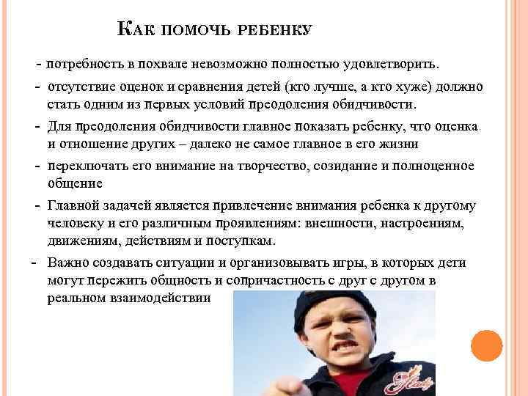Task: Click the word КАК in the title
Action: [132, 30]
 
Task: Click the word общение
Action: [75, 183]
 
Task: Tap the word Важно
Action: [67, 263]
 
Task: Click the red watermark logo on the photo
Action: [410, 380]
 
